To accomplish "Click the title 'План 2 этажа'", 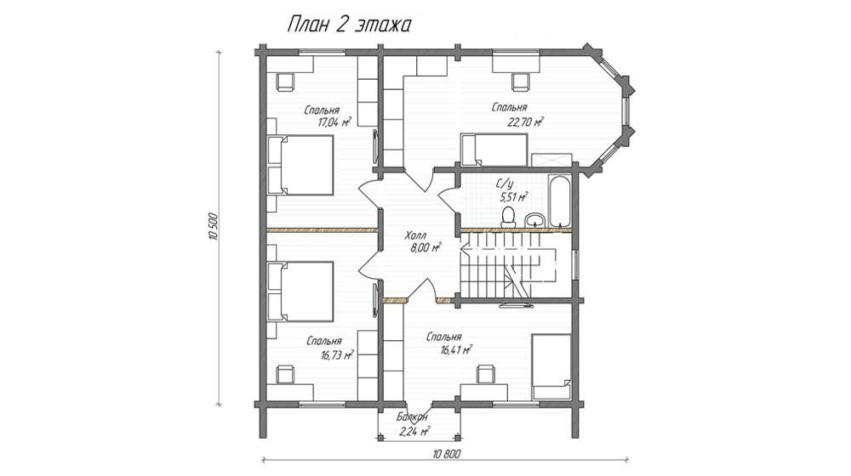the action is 348,25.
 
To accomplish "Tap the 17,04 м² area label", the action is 334,122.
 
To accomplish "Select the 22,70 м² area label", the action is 525,122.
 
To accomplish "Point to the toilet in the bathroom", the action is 509,216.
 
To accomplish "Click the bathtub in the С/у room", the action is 560,201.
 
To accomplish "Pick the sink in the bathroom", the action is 536,219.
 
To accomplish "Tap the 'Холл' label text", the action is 416,236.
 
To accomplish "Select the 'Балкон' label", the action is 412,417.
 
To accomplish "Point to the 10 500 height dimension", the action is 213,229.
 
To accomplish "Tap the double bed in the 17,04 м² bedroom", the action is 300,165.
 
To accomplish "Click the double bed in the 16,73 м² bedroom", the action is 300,292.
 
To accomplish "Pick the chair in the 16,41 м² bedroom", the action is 486,373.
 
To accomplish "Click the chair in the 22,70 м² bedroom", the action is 520,82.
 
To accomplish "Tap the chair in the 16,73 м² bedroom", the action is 285,374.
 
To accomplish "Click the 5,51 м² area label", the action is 513,197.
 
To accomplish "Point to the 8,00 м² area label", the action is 425,247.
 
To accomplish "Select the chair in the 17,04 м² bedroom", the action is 285,82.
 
